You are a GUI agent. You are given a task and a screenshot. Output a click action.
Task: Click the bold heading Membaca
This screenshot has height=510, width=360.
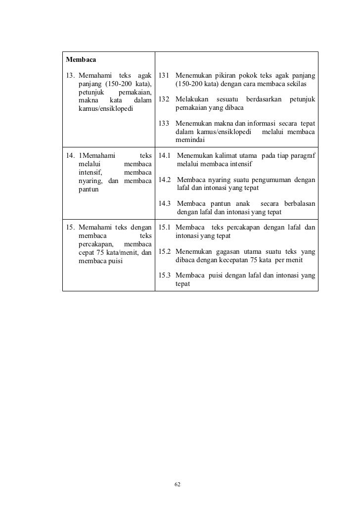[x=81, y=60]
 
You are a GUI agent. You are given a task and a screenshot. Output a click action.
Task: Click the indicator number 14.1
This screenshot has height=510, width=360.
[x=165, y=156]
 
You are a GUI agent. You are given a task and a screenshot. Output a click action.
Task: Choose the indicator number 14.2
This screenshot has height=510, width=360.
[x=165, y=180]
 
